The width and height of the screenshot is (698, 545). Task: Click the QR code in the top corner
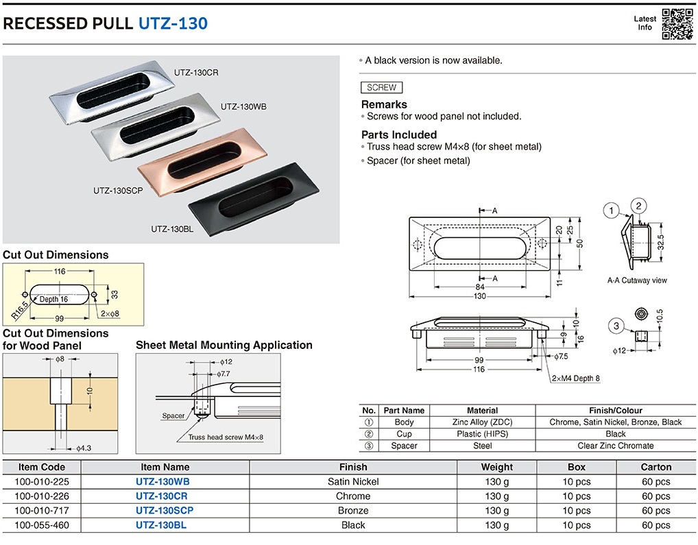[677, 23]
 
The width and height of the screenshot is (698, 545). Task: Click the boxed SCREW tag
[381, 88]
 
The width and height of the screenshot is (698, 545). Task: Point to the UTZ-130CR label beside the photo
[195, 72]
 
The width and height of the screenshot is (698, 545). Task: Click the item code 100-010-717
[42, 511]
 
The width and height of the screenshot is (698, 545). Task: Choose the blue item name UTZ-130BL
[161, 525]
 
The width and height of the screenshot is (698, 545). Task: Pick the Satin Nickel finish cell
[353, 481]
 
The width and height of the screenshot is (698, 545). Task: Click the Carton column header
[656, 467]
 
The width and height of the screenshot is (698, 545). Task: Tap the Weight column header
[496, 467]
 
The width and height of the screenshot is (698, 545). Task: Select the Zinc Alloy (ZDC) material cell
[482, 422]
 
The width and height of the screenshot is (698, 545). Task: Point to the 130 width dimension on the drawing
[479, 296]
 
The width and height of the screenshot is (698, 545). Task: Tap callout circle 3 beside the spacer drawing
[616, 326]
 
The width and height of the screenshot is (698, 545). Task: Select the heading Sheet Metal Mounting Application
[224, 346]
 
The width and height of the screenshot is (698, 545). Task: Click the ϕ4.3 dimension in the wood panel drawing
[82, 448]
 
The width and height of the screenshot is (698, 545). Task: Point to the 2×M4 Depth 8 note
[576, 378]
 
